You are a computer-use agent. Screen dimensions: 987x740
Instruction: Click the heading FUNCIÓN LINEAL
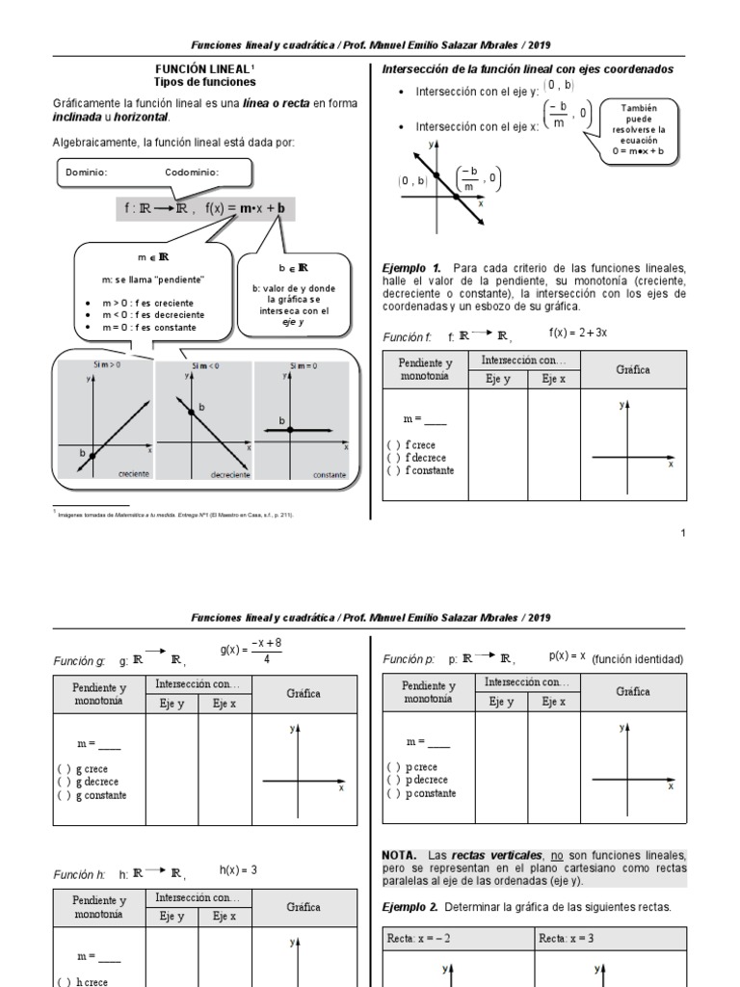pyautogui.click(x=202, y=69)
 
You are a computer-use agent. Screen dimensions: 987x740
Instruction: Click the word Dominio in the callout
pyautogui.click(x=86, y=173)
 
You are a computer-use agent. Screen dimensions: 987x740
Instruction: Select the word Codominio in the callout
pyautogui.click(x=192, y=173)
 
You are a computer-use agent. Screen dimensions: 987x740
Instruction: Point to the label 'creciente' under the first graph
pyautogui.click(x=133, y=474)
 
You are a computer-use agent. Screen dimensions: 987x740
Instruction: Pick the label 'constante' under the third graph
pyautogui.click(x=329, y=474)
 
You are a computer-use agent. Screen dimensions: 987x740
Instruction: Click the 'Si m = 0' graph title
pyautogui.click(x=304, y=365)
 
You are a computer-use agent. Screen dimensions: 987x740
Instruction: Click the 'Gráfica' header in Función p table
pyautogui.click(x=633, y=692)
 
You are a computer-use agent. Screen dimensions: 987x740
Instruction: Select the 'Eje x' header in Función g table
pyautogui.click(x=224, y=703)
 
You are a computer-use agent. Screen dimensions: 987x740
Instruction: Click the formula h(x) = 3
pyautogui.click(x=238, y=869)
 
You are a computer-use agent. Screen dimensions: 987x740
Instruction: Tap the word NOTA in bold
pyautogui.click(x=400, y=855)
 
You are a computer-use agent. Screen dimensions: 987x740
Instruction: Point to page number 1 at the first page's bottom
pyautogui.click(x=682, y=533)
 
